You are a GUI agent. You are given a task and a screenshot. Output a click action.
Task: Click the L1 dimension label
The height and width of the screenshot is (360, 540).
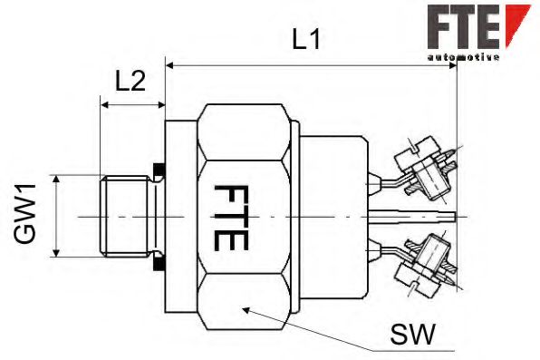[308, 39]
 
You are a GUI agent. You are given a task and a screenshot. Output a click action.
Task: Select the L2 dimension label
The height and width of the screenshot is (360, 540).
[130, 82]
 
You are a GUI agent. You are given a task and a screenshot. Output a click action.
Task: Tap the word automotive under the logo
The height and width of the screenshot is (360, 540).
[462, 56]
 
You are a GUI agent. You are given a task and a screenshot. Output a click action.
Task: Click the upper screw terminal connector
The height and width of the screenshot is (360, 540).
[424, 167]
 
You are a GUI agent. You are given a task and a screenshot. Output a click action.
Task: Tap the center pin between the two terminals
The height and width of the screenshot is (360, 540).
[417, 217]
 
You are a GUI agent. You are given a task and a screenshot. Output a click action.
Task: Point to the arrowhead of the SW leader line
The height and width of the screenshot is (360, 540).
[246, 309]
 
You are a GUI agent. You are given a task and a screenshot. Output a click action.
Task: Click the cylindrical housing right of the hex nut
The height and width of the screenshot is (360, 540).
[331, 218]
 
